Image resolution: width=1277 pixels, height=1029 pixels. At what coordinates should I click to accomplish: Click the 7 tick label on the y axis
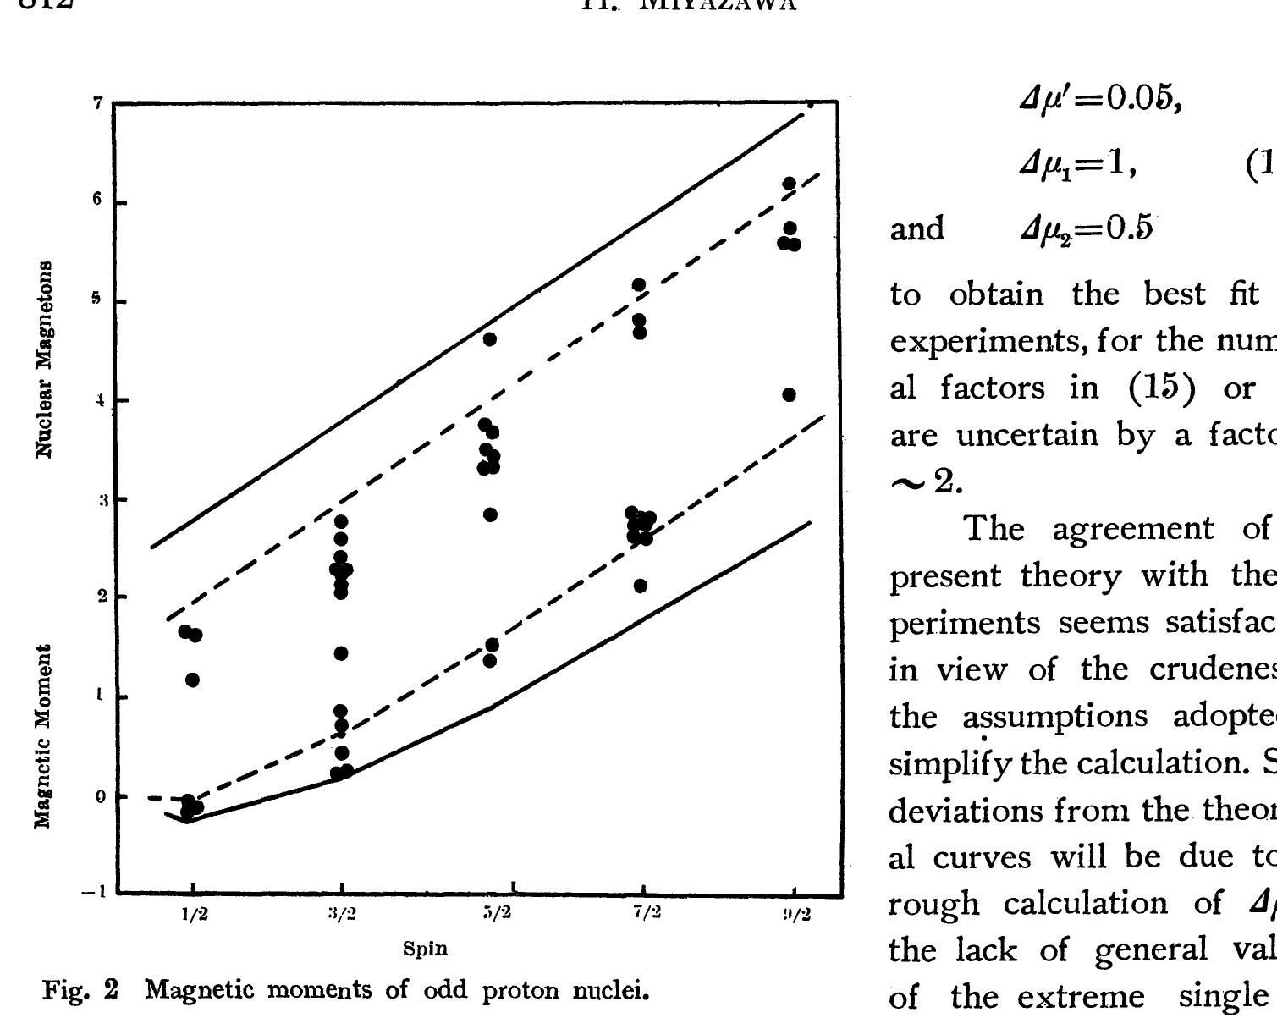(x=97, y=103)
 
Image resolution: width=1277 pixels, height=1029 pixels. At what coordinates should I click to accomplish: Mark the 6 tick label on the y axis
(x=97, y=201)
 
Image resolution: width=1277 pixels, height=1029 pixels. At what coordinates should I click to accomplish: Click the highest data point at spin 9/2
(x=790, y=184)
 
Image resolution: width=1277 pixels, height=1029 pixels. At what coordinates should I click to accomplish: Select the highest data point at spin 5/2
(x=490, y=339)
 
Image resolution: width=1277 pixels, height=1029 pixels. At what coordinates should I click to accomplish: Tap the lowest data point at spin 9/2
(x=790, y=395)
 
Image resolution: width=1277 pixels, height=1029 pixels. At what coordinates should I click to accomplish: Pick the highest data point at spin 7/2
(x=639, y=285)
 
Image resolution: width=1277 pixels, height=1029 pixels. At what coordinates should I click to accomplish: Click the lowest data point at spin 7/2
(x=641, y=586)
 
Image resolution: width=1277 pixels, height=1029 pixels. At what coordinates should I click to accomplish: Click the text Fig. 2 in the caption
(x=78, y=989)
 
